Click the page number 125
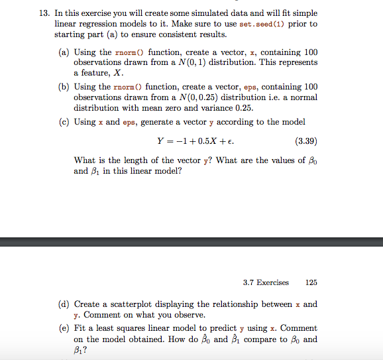311,282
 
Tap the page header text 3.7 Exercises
266,282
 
